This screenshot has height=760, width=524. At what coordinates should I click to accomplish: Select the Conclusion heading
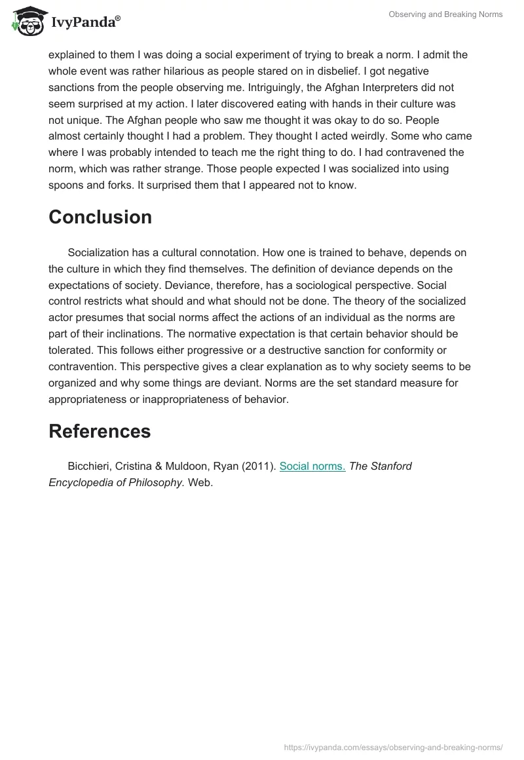click(x=100, y=217)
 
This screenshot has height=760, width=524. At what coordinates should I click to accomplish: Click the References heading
click(x=100, y=430)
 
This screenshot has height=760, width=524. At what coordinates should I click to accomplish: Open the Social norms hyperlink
click(x=312, y=466)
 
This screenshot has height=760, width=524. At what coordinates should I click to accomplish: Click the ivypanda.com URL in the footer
click(x=394, y=746)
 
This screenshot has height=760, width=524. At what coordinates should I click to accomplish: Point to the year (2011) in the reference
click(x=257, y=466)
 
